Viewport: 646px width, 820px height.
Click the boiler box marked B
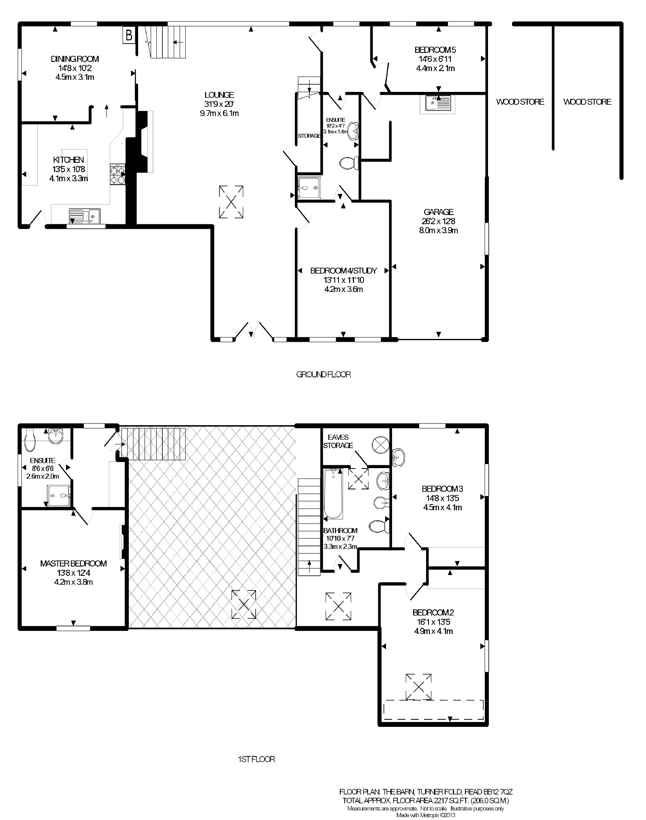(129, 35)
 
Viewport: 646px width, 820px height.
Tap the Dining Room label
(75, 59)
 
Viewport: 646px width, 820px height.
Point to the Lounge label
(219, 95)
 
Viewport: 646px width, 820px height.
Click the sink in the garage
(438, 104)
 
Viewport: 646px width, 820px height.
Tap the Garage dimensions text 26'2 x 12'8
(439, 222)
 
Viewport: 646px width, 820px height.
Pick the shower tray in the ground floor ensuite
(310, 187)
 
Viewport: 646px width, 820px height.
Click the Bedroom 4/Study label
(344, 270)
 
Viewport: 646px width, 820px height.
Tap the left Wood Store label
(520, 102)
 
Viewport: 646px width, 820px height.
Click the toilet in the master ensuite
(30, 440)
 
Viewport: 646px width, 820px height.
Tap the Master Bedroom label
(73, 564)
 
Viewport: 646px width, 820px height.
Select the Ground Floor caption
(324, 375)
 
